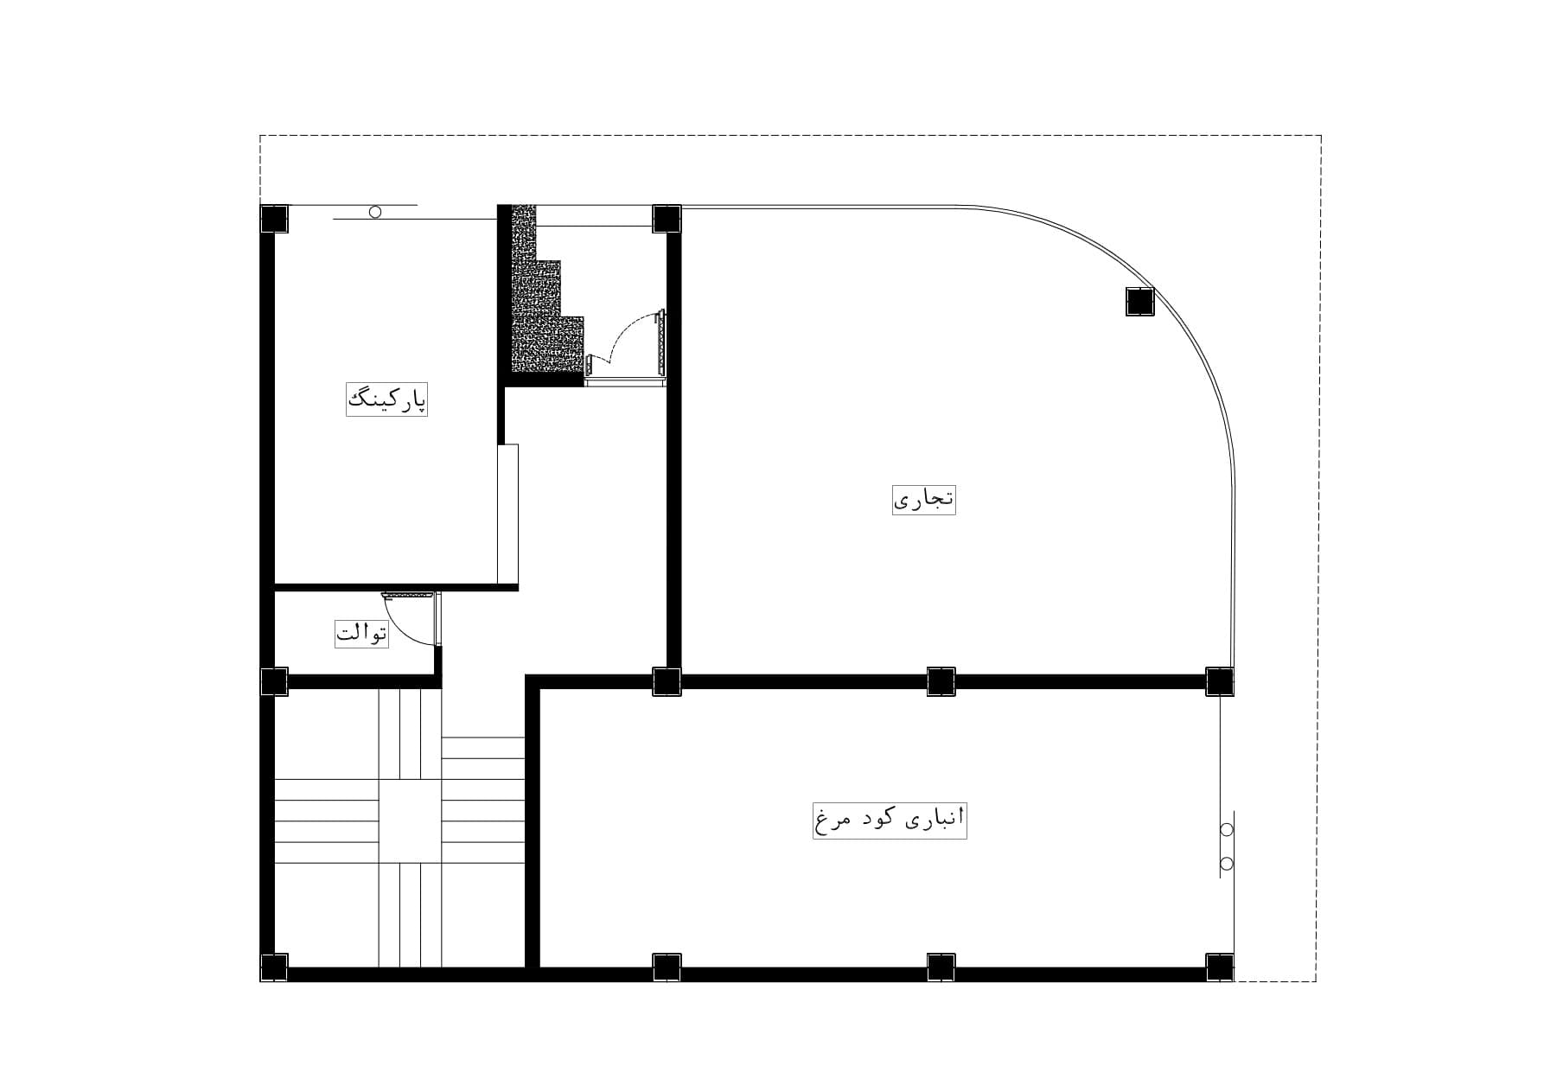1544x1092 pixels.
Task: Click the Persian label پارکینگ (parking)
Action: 387,399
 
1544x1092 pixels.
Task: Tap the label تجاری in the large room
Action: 924,499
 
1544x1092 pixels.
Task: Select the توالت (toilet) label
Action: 362,633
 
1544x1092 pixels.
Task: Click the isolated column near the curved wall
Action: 1139,301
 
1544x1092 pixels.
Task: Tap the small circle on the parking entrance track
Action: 375,212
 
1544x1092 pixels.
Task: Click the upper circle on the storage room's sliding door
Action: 1226,830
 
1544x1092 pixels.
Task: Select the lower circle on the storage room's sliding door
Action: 1226,863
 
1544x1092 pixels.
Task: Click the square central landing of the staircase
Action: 410,821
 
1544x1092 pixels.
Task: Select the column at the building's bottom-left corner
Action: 274,967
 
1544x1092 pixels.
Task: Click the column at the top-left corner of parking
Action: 274,219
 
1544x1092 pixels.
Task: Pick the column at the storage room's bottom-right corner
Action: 1219,967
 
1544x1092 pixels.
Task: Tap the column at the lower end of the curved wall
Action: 1219,681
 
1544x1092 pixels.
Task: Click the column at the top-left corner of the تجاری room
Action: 667,219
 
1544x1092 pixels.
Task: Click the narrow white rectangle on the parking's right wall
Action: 507,514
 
